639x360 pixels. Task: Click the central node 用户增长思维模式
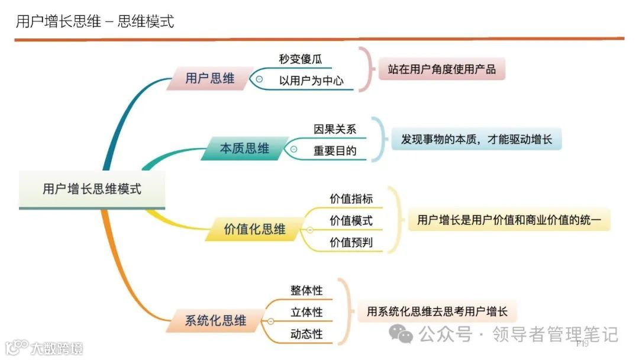tap(92, 189)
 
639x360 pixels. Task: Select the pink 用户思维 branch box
tap(209, 78)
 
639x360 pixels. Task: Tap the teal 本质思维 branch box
tap(244, 149)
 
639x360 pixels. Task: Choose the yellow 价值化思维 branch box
tap(254, 229)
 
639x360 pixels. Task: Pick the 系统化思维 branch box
tap(215, 321)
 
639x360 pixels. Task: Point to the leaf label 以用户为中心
tap(311, 81)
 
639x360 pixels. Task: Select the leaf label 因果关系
tap(335, 128)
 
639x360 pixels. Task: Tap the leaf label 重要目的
tap(335, 150)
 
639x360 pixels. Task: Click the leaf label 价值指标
tap(351, 199)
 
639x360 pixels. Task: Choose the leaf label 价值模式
tap(351, 221)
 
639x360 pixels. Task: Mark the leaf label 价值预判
tap(351, 242)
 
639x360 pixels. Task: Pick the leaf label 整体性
tap(306, 290)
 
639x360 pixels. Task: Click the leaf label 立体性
tap(306, 312)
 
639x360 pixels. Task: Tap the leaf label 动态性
tap(306, 334)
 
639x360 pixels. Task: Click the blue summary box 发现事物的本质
tap(476, 140)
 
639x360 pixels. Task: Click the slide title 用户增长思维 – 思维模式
tap(95, 22)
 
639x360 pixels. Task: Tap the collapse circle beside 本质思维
tap(294, 149)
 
